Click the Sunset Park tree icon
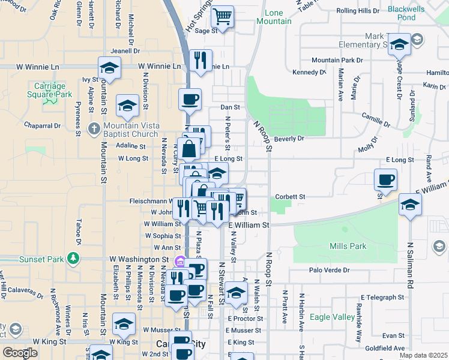tap(73, 258)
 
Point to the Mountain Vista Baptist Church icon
tap(94, 129)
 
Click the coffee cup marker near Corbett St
tap(385, 179)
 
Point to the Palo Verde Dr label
tap(328, 270)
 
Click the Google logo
tap(20, 352)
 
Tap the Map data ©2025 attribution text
tap(423, 355)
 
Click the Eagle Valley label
tap(332, 316)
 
